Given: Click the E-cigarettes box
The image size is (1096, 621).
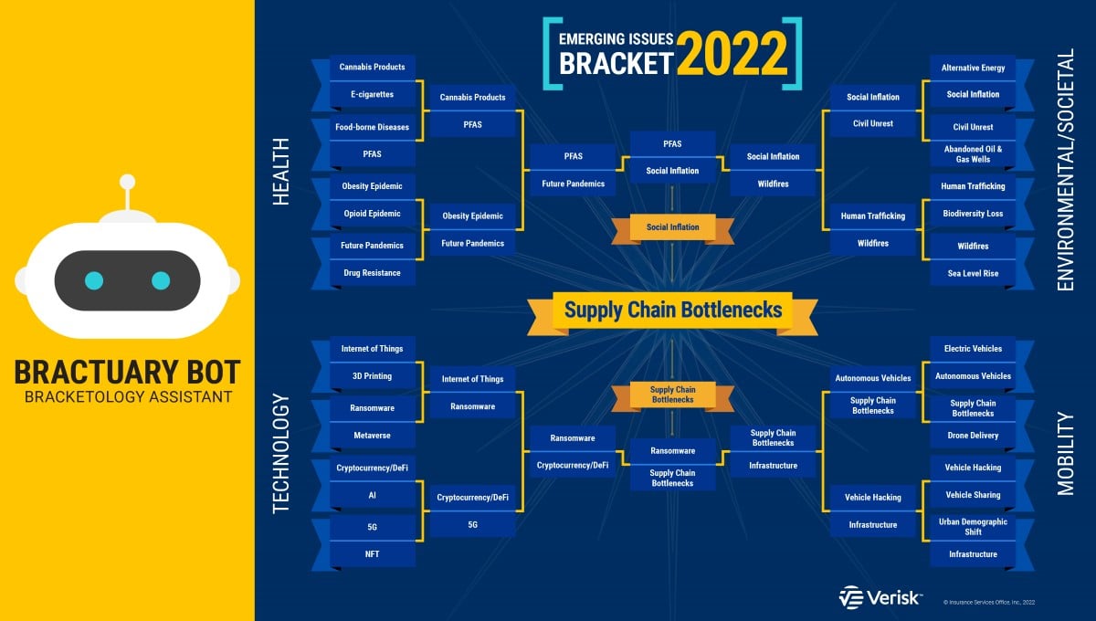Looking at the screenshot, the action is click(x=373, y=94).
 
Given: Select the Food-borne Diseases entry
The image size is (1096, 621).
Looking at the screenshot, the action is click(x=373, y=127).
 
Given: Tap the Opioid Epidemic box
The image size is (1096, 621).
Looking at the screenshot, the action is click(x=373, y=214).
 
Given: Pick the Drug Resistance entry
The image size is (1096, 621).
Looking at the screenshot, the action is click(x=373, y=272).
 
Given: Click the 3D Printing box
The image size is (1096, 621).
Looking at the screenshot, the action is click(x=373, y=376).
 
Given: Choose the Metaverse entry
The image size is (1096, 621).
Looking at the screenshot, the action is click(x=373, y=435).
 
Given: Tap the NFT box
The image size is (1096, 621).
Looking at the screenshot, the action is click(x=373, y=554).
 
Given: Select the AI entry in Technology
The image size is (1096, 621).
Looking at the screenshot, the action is click(x=373, y=495).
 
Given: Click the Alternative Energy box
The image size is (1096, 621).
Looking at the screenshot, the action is click(x=973, y=68).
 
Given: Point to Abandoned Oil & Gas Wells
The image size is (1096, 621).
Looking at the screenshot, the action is click(x=973, y=154).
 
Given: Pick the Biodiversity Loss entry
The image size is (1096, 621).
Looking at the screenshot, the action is click(x=973, y=214).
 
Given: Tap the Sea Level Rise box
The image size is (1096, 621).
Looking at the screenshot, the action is click(x=973, y=273).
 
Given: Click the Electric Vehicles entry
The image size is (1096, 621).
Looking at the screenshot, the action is click(x=973, y=349).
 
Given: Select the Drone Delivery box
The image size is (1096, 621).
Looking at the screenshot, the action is click(x=973, y=435).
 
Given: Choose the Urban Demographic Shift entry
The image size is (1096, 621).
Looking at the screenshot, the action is click(x=973, y=527).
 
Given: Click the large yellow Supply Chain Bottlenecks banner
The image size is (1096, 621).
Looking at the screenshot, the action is click(x=673, y=310).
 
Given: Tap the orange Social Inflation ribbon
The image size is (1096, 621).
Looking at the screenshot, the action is click(x=673, y=227).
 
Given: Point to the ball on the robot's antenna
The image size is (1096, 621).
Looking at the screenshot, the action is click(x=128, y=182).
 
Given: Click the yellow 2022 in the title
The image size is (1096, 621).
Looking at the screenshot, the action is click(x=732, y=54).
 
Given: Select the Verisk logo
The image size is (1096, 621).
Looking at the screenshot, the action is click(x=880, y=597).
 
